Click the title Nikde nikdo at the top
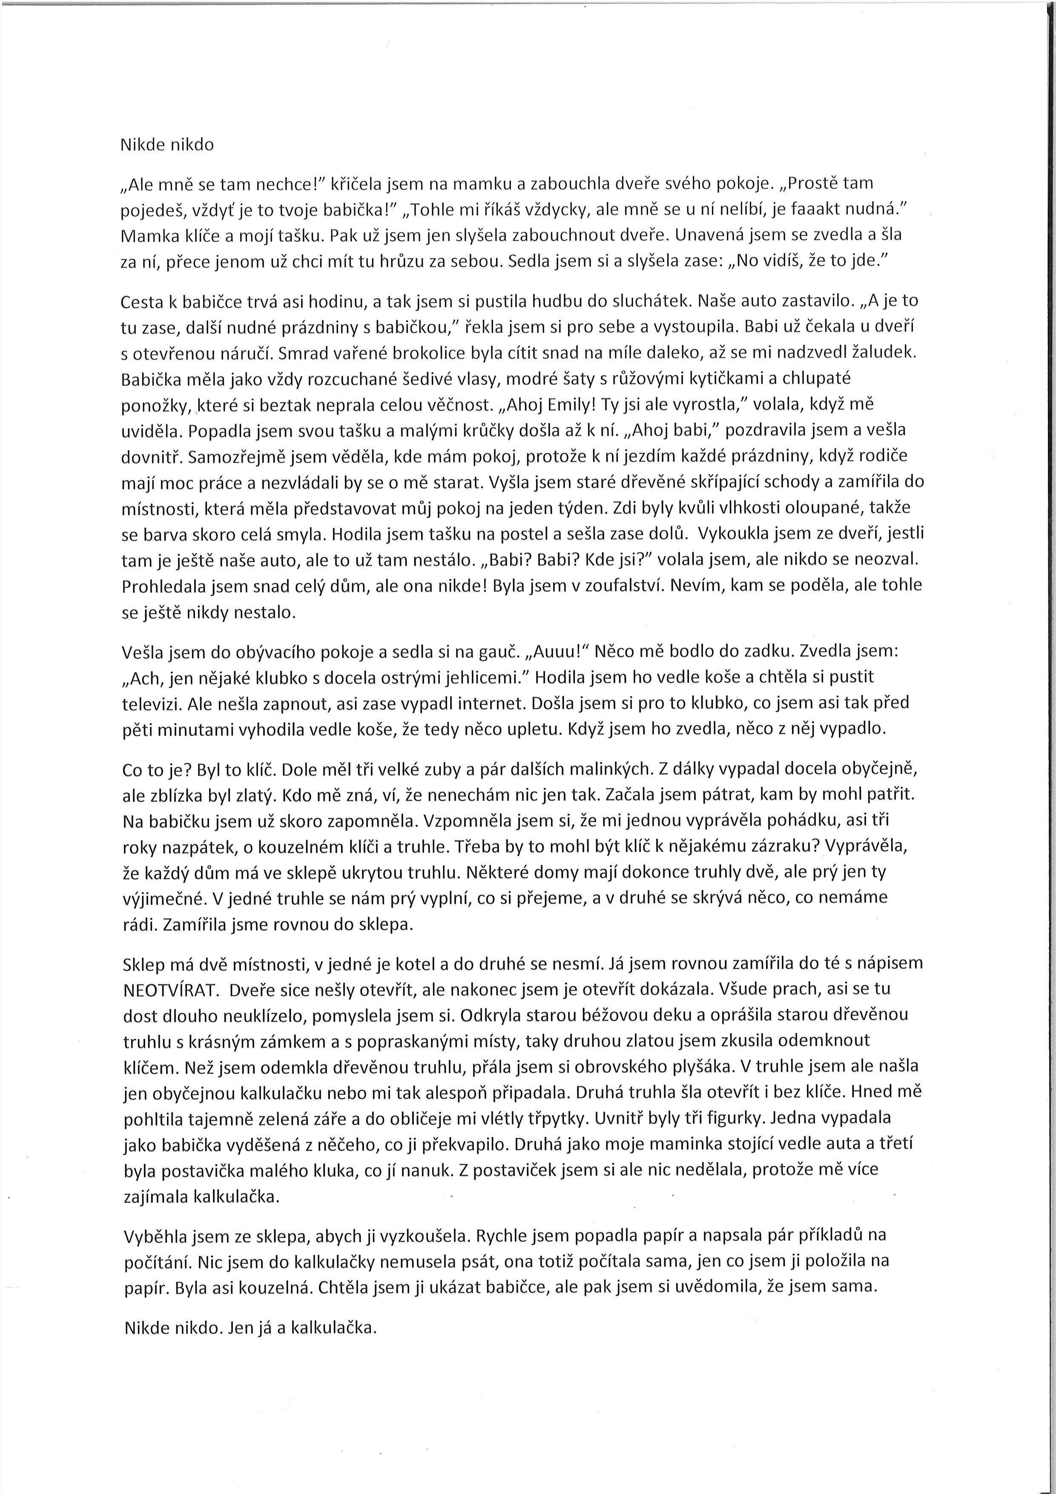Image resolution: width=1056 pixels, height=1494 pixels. pyautogui.click(x=167, y=145)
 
